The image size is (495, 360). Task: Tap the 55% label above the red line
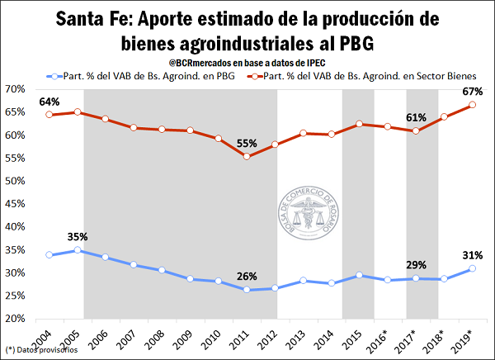244,142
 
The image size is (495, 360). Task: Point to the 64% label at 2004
49,102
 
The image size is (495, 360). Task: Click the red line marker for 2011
247,156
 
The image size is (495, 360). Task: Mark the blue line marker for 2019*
472,268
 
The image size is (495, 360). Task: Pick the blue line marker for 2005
78,250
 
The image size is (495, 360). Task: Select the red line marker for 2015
359,124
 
